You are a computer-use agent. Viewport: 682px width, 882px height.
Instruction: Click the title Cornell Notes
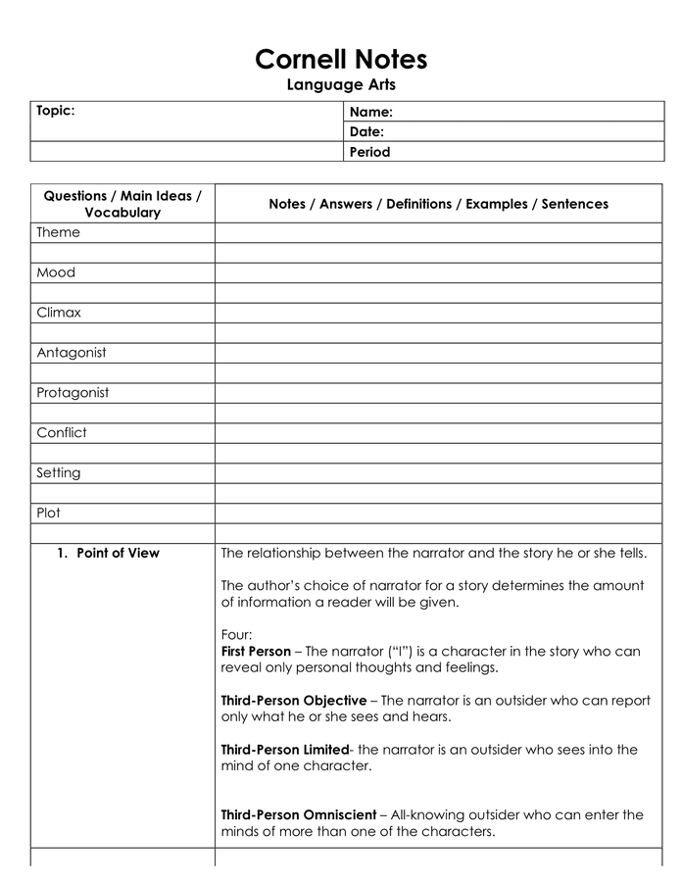(341, 60)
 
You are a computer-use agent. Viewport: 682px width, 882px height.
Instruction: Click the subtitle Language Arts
(341, 85)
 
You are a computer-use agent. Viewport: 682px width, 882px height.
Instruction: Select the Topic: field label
(56, 111)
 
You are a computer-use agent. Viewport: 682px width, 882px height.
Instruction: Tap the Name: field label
(371, 113)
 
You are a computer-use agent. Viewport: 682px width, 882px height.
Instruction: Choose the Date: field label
(366, 132)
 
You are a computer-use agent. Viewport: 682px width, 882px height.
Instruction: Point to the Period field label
(369, 152)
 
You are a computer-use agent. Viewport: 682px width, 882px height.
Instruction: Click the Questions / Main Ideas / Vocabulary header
(122, 204)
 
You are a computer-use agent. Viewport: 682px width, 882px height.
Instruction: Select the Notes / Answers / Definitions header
(438, 204)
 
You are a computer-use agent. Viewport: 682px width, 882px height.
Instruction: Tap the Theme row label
(58, 233)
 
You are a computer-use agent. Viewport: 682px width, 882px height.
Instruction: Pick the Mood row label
(56, 273)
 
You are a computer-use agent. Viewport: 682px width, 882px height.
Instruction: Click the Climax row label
(59, 313)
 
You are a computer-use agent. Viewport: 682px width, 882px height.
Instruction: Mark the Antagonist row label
(72, 353)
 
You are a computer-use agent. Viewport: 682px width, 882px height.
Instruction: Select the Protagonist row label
(73, 393)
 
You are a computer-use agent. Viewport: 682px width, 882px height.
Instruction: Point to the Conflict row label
(62, 433)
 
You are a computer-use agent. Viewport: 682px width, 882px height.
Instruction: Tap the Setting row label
(59, 473)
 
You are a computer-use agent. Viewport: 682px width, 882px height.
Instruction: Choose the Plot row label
(49, 513)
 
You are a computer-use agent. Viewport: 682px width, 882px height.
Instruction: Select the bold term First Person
(256, 652)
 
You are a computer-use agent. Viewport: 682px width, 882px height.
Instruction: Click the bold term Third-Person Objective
(294, 701)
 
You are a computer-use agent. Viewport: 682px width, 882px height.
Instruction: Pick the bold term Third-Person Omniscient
(298, 815)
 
